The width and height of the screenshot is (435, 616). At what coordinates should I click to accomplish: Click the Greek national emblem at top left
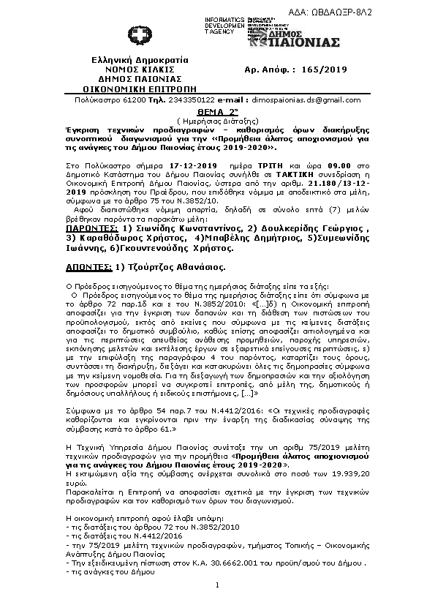(x=137, y=35)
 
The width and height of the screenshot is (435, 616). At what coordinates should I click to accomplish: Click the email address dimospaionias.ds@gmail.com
(x=299, y=99)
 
